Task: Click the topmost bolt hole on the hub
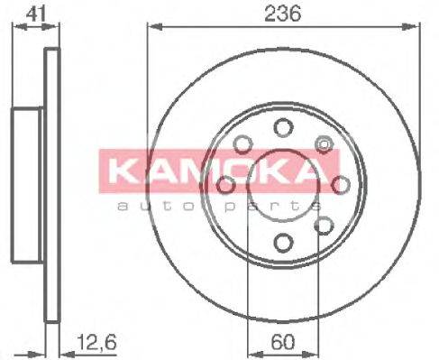(283, 127)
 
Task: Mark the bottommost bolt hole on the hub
(283, 241)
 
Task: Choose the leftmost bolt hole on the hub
(225, 185)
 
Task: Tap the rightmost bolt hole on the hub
(340, 184)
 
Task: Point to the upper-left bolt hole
(242, 143)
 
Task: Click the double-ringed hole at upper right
(324, 143)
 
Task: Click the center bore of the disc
(283, 185)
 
